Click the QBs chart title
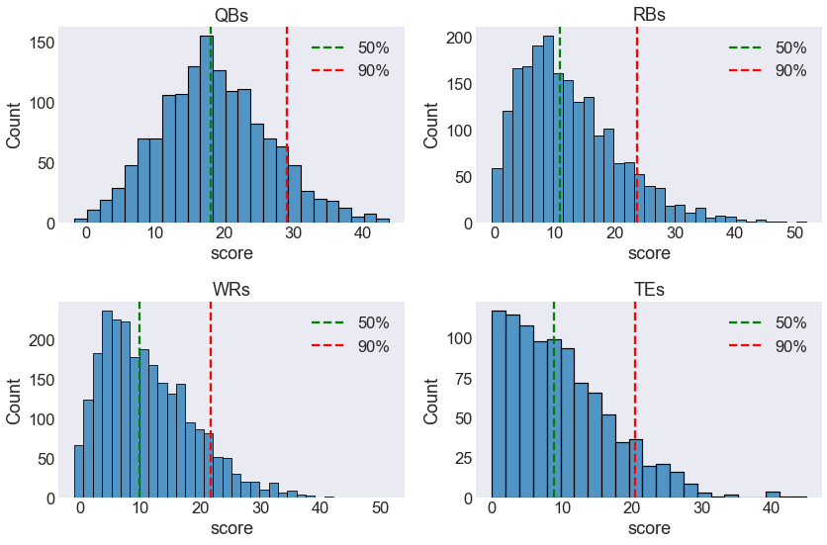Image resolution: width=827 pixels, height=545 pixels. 231,15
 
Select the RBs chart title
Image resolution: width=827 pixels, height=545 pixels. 649,15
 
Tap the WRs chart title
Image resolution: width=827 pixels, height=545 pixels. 231,289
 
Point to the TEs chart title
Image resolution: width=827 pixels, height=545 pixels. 649,289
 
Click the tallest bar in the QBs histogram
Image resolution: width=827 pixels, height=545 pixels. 207,130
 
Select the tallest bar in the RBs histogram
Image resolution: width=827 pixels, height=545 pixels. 548,130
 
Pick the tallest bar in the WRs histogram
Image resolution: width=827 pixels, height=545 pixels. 107,405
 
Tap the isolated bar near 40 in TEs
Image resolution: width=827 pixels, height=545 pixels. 773,495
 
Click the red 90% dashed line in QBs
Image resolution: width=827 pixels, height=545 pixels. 287,125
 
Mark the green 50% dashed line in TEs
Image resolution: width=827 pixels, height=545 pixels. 554,400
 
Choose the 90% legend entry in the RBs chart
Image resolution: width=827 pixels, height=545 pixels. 768,70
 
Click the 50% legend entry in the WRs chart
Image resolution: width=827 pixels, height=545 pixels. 350,322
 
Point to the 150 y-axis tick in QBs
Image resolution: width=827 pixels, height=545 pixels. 43,43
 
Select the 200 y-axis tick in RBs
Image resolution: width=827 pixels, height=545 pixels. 459,38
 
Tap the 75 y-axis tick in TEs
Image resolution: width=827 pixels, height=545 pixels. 464,379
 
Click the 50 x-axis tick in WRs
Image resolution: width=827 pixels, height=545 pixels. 380,508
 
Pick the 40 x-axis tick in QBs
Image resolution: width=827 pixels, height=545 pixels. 362,233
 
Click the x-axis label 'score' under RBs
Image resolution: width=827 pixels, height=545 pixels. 649,253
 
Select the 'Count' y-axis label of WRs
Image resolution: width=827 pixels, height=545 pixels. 13,401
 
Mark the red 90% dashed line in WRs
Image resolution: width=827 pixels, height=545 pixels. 211,400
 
